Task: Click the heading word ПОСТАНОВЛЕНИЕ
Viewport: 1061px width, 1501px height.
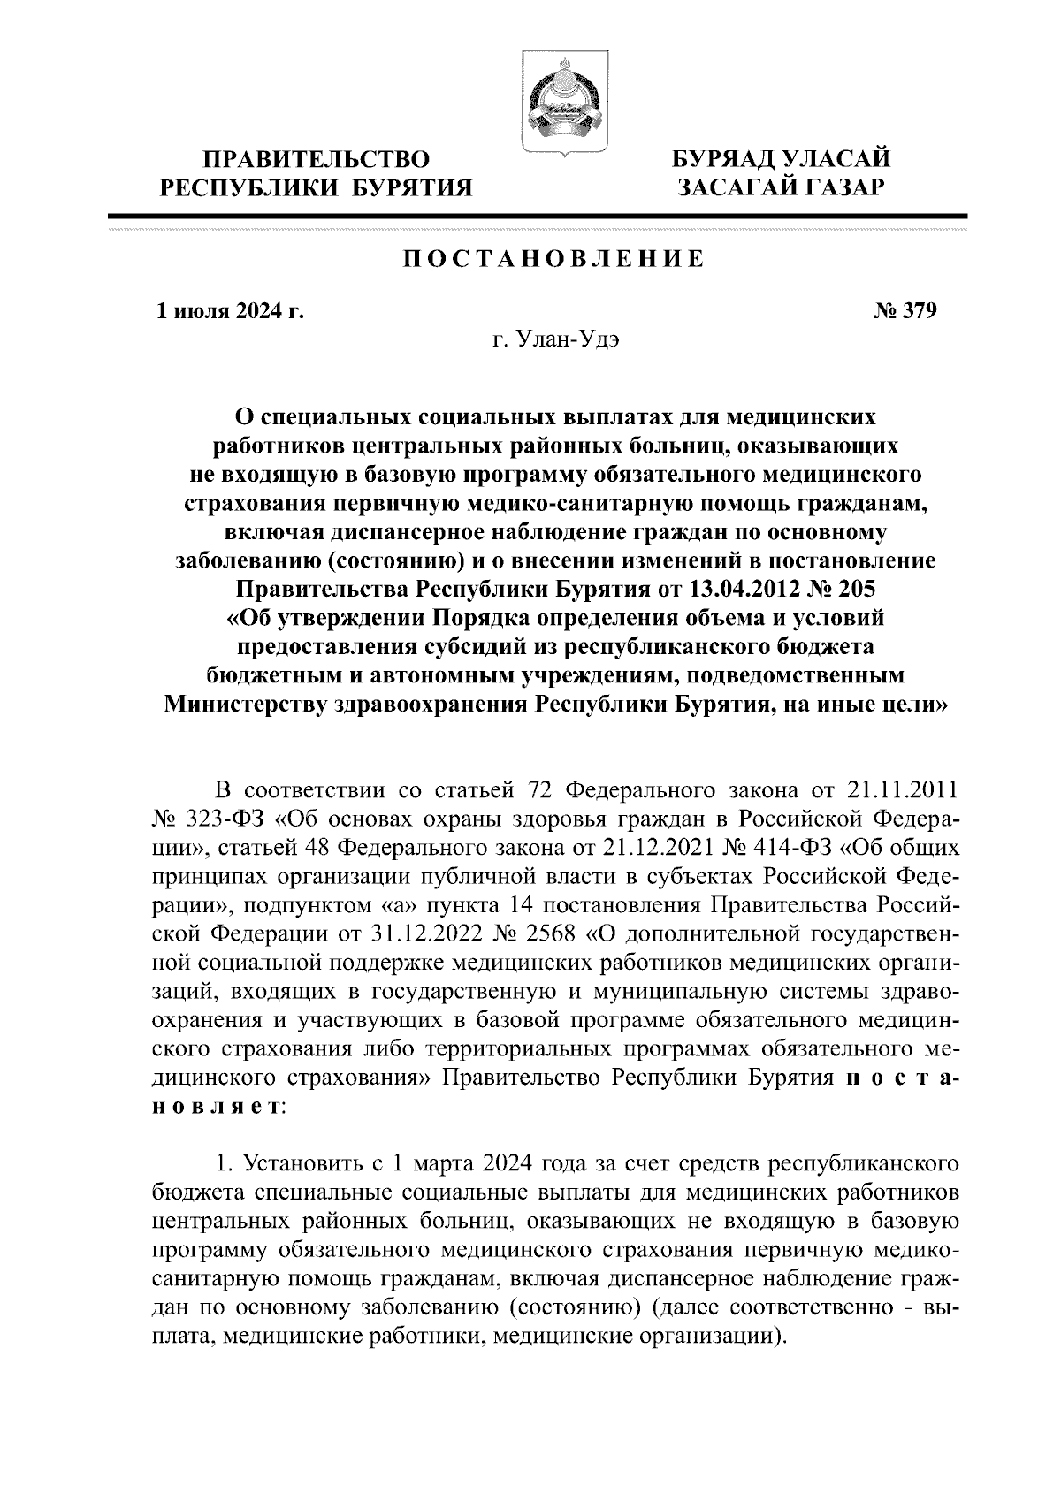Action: coord(554,259)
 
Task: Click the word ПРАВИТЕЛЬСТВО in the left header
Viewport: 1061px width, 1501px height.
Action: coord(317,160)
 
